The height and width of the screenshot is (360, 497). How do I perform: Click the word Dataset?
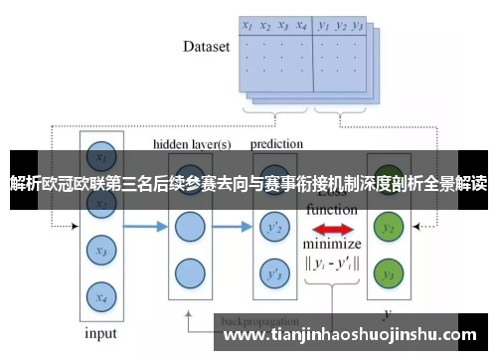click(207, 46)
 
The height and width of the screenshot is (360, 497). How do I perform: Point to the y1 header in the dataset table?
click(324, 26)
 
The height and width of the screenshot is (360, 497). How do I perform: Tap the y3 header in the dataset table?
click(359, 26)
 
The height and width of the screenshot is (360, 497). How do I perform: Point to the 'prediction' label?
click(276, 144)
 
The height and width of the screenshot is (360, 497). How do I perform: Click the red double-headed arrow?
click(333, 230)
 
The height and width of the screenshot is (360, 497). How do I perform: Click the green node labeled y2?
click(389, 228)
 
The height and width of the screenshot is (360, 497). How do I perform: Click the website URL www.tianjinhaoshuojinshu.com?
click(354, 337)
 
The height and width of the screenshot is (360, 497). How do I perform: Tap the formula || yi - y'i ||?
click(333, 265)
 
